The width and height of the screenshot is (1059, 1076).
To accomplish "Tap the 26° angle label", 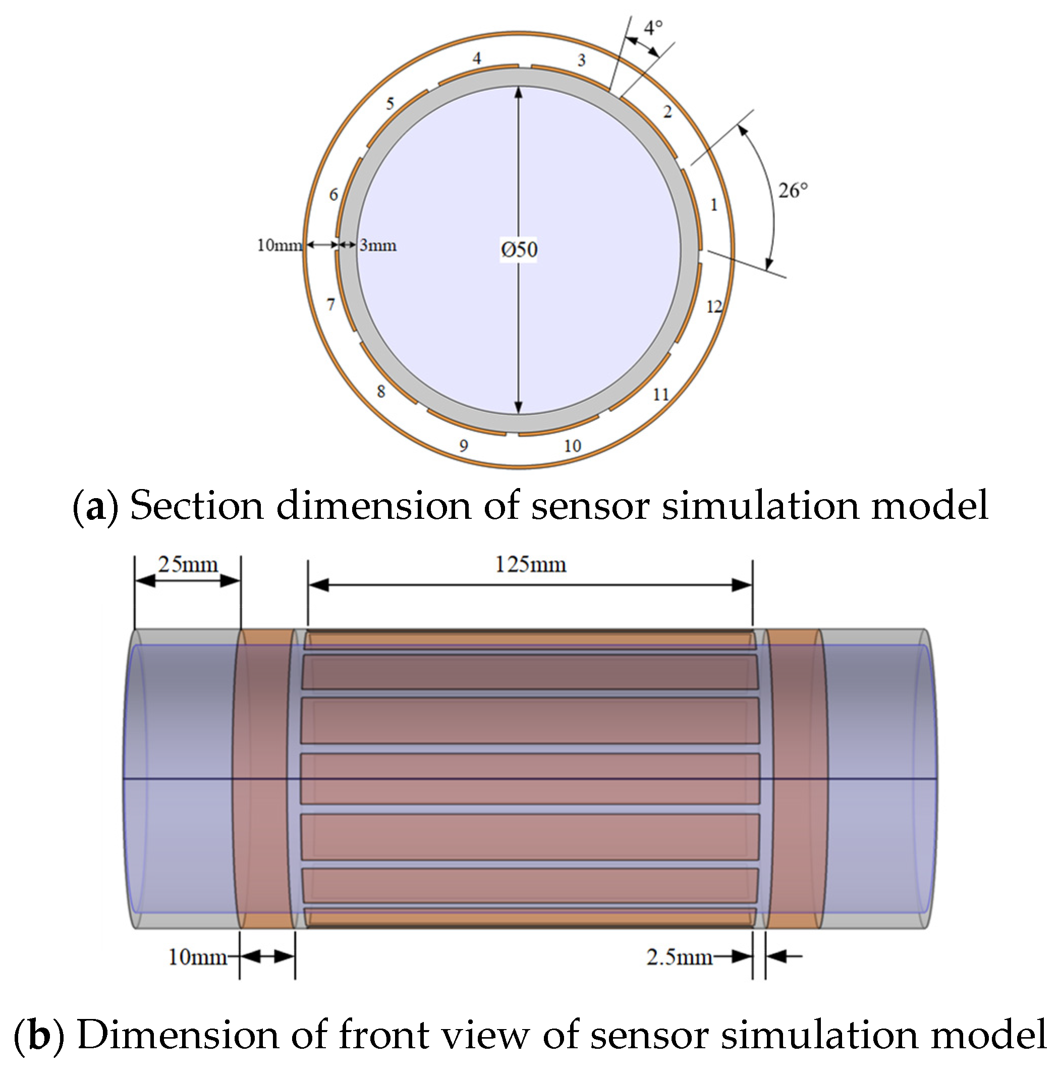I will pyautogui.click(x=792, y=191).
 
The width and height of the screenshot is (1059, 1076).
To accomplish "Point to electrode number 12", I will pyautogui.click(x=714, y=306).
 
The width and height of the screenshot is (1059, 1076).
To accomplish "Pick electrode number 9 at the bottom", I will pyautogui.click(x=463, y=446).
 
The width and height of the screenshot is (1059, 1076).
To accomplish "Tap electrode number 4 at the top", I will pyautogui.click(x=477, y=58).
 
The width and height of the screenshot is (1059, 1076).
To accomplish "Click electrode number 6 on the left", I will pyautogui.click(x=333, y=195).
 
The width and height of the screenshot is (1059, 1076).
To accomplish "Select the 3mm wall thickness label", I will pyautogui.click(x=378, y=245).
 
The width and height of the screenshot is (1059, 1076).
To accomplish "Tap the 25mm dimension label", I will pyautogui.click(x=188, y=565).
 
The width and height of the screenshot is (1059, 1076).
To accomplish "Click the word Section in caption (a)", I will pyautogui.click(x=196, y=505).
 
